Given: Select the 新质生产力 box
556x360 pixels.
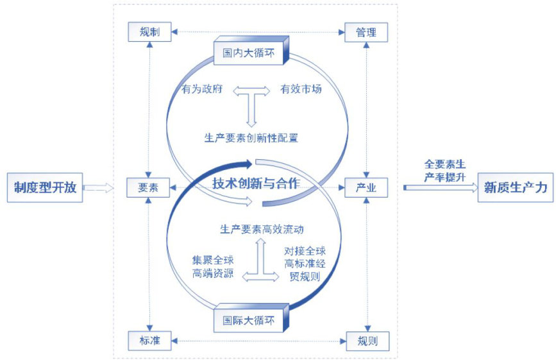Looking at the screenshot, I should pyautogui.click(x=516, y=187).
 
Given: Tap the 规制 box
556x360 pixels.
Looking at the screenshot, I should pyautogui.click(x=149, y=31).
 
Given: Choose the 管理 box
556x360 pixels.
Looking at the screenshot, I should pyautogui.click(x=366, y=32).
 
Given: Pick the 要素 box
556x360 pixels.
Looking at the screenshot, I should pyautogui.click(x=148, y=187).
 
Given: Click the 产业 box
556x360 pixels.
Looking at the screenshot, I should pyautogui.click(x=366, y=187).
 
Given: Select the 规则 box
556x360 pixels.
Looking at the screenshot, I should pyautogui.click(x=367, y=341).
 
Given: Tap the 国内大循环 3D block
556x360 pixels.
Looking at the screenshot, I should pyautogui.click(x=249, y=52).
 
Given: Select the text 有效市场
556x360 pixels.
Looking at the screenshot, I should pyautogui.click(x=301, y=89).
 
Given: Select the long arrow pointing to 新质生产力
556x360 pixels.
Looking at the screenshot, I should pyautogui.click(x=440, y=187).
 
